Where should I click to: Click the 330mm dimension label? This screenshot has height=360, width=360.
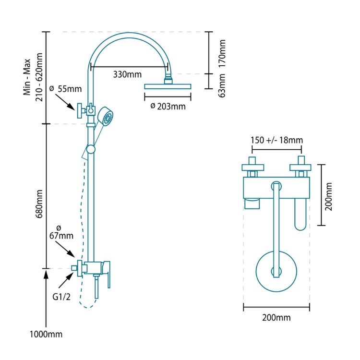(127, 74)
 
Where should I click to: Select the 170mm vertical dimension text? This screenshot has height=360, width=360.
(222, 52)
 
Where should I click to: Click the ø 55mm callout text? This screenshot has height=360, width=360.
(66, 89)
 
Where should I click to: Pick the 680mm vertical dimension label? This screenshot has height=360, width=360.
(40, 204)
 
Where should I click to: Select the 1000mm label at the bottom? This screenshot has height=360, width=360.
(47, 334)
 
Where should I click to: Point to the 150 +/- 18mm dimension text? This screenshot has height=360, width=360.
(276, 140)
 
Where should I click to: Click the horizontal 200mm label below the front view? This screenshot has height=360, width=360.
(276, 318)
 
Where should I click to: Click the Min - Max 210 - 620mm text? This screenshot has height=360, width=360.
(34, 77)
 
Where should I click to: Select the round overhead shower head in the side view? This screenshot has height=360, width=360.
(168, 86)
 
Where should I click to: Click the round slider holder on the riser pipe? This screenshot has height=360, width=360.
(91, 149)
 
